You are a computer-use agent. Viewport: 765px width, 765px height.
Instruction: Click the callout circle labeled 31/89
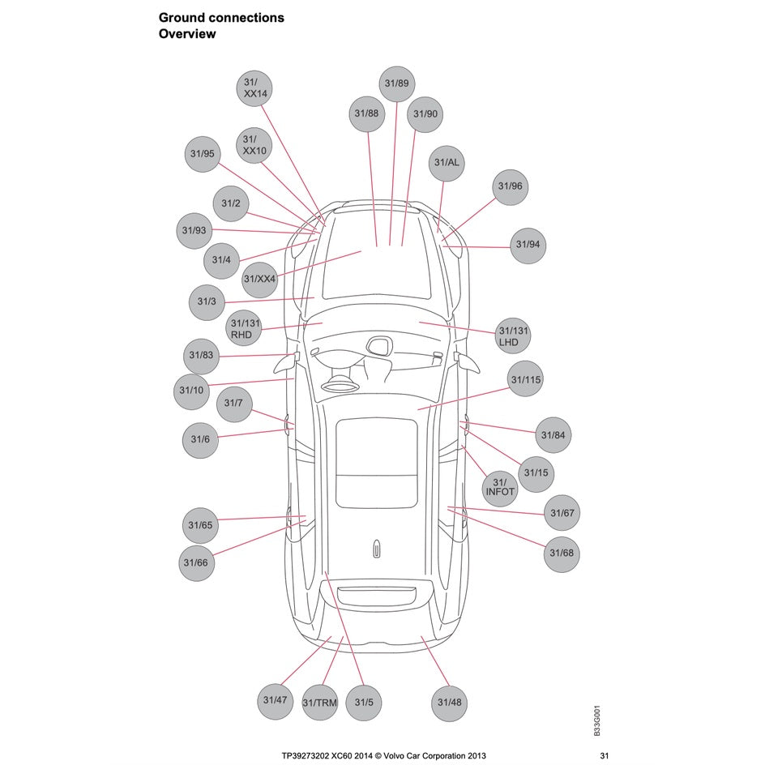click(x=396, y=83)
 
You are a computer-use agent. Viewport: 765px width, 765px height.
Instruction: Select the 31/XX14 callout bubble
click(x=256, y=88)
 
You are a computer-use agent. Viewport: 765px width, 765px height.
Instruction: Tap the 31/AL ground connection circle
click(x=447, y=162)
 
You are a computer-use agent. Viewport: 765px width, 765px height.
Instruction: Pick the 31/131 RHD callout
click(x=246, y=328)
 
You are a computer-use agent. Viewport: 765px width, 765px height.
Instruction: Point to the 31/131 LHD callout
click(x=513, y=335)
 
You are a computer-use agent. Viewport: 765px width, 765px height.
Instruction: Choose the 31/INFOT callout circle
click(x=500, y=487)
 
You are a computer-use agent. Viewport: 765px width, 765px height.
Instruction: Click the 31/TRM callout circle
click(x=320, y=703)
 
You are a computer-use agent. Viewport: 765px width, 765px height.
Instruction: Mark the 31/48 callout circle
click(x=449, y=702)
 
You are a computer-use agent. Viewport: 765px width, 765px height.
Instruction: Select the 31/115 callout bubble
click(x=525, y=379)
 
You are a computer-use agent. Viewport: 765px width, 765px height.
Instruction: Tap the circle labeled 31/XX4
click(x=260, y=280)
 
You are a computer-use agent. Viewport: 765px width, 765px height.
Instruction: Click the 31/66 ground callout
click(x=196, y=562)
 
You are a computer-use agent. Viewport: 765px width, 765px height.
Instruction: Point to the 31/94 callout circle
click(x=528, y=245)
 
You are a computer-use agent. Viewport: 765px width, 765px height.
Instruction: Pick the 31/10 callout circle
click(x=192, y=391)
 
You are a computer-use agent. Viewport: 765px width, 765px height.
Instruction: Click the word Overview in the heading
click(x=187, y=34)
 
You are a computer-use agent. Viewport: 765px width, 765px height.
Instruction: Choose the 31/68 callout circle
click(x=561, y=553)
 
